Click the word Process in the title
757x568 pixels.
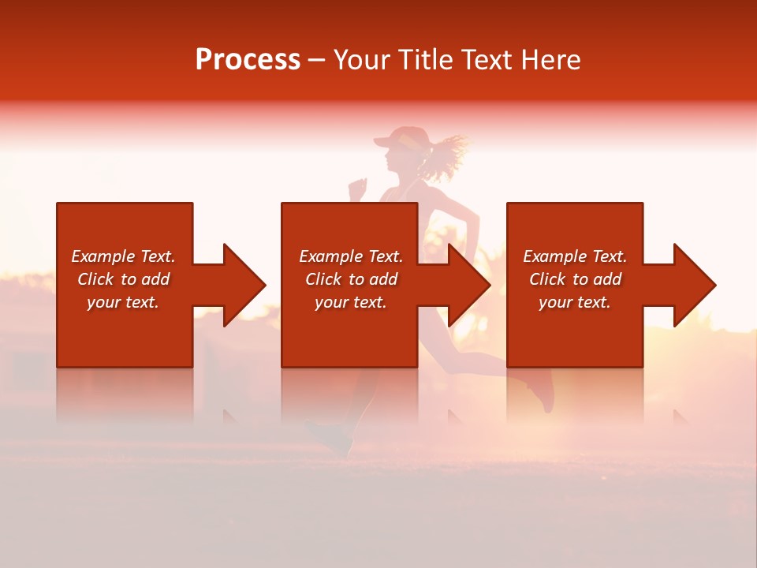point(248,60)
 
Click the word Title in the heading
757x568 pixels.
point(426,60)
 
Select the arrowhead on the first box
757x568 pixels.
point(244,285)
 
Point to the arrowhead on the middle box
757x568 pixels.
point(469,285)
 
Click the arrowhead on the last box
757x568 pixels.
point(695,285)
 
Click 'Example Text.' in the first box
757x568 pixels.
point(123,256)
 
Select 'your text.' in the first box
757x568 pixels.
point(123,302)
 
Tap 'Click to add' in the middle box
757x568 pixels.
point(351,279)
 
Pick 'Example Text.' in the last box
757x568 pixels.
point(575,256)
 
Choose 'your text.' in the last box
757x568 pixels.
point(575,302)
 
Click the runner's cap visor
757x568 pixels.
point(382,143)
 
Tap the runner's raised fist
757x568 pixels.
point(359,187)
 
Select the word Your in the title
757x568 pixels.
point(362,60)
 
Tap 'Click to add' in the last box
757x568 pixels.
point(575,279)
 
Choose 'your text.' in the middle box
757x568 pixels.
point(351,302)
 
